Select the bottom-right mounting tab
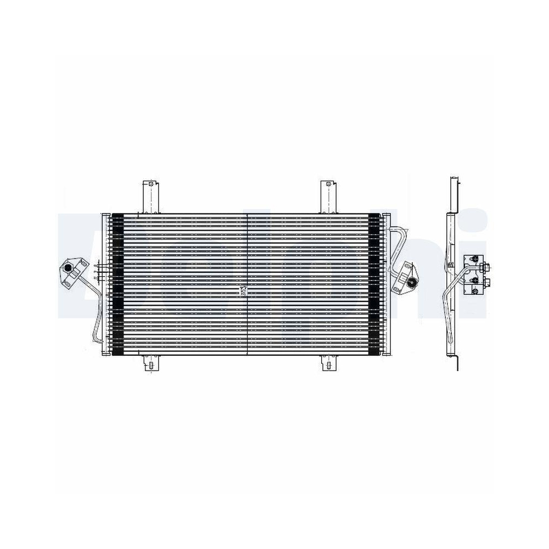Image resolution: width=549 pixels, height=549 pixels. point(328,363)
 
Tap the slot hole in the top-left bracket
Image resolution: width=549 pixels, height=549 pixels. point(150,185)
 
